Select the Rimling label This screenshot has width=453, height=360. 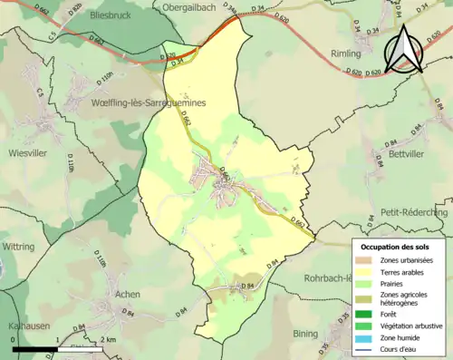[x=347, y=54]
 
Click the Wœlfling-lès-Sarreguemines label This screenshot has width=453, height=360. [x=148, y=103]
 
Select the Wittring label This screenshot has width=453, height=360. [x=18, y=246]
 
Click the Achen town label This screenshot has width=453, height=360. [x=128, y=295]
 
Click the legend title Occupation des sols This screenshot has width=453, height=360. [x=397, y=246]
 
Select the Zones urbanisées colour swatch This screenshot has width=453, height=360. [x=363, y=260]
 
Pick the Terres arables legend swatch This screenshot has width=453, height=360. [x=363, y=272]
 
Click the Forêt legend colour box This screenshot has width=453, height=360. [x=363, y=314]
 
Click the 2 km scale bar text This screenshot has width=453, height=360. [x=107, y=339]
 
